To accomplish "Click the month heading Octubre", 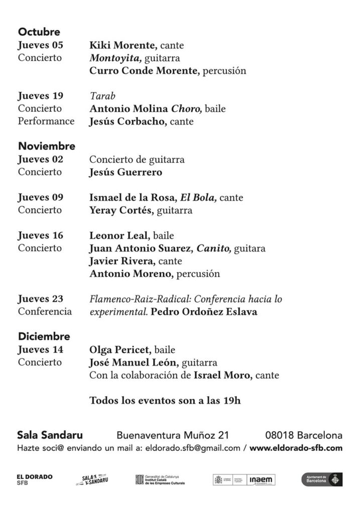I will [x=39, y=32].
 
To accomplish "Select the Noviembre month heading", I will [x=47, y=147].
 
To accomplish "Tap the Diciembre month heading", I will [x=44, y=336].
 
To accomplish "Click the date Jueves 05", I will [x=40, y=45].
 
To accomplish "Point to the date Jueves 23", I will [x=40, y=299].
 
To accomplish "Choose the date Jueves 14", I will [x=40, y=349].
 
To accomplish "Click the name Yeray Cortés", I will [x=121, y=210].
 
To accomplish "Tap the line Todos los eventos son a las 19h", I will [x=165, y=401].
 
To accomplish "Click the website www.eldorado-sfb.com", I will [x=296, y=448].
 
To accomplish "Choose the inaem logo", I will [x=262, y=480].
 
